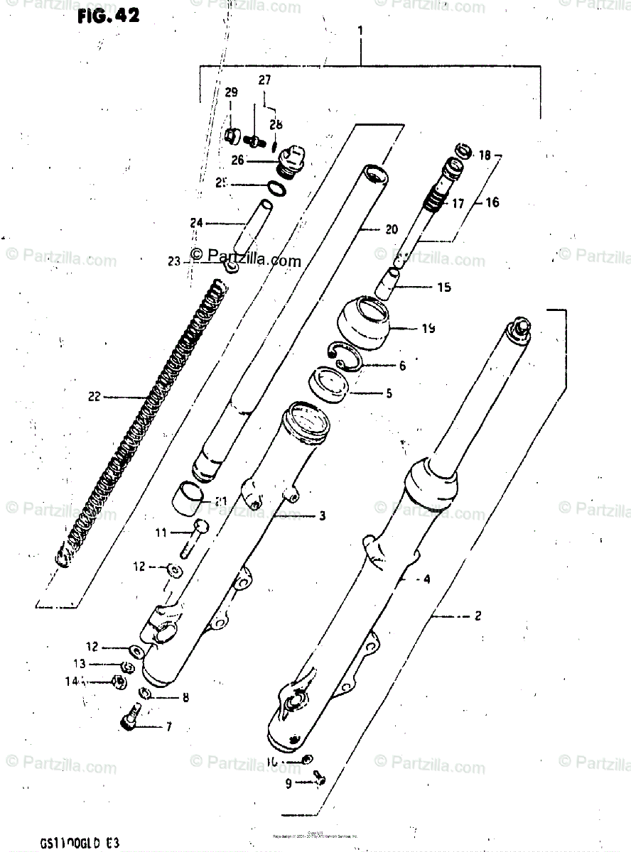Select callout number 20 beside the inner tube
(392, 229)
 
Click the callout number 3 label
(322, 516)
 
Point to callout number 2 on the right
(478, 616)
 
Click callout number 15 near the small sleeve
(444, 288)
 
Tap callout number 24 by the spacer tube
(195, 223)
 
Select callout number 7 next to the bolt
(168, 726)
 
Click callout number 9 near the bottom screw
(288, 784)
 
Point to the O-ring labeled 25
(276, 187)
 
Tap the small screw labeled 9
(320, 780)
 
